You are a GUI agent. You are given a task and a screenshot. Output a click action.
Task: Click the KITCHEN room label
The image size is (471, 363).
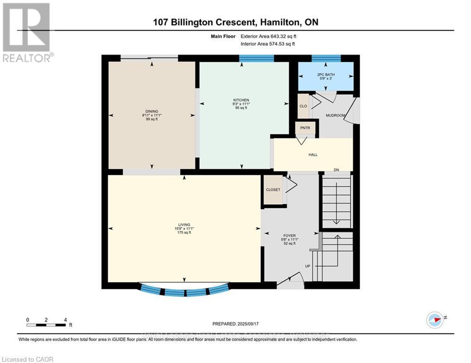pyautogui.click(x=241, y=100)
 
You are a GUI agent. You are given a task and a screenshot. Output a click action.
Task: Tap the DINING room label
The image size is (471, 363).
pyautogui.click(x=151, y=112)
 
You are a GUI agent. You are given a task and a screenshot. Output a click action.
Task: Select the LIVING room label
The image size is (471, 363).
pyautogui.click(x=184, y=225)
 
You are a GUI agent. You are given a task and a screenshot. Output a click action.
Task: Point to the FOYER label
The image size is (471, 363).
pyautogui.click(x=290, y=235)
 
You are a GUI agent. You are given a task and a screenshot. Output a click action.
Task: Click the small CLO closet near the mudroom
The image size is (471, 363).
pyautogui.click(x=303, y=106)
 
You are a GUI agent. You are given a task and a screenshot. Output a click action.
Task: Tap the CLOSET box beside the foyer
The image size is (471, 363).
pyautogui.click(x=273, y=190)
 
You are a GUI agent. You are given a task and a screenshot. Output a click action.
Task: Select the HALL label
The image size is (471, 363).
pyautogui.click(x=313, y=155)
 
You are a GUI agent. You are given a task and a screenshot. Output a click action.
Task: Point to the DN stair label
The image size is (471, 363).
pyautogui.click(x=337, y=170)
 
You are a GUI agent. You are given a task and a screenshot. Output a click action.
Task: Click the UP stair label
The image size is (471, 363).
pyautogui.click(x=307, y=266)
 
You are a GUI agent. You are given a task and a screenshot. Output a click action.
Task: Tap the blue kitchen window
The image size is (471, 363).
pyautogui.click(x=256, y=59)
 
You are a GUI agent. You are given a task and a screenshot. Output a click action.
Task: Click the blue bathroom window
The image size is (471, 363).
pyautogui.click(x=326, y=59)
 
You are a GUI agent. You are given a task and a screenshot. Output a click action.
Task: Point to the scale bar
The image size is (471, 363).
pyautogui.click(x=46, y=325)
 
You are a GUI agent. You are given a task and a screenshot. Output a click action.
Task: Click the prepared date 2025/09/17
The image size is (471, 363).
pyautogui.click(x=236, y=324)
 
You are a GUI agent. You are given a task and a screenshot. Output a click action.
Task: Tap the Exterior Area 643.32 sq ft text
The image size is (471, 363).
pyautogui.click(x=268, y=36)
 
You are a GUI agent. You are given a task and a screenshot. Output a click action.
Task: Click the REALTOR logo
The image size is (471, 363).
pyautogui.click(x=27, y=33)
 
